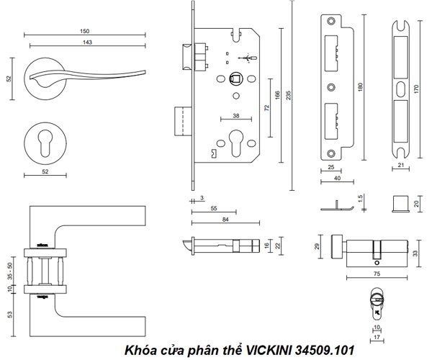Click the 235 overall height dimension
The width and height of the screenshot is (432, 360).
[x=288, y=98]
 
